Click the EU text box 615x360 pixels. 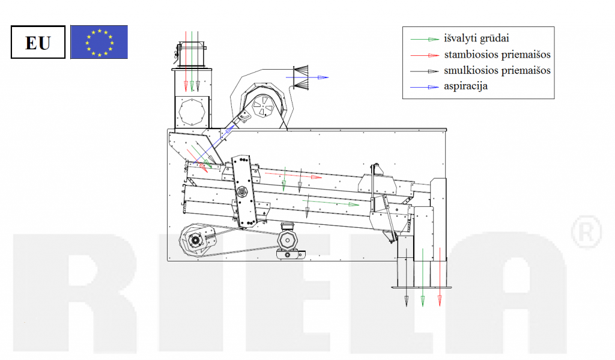pos(38,43)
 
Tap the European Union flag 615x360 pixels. pos(99,42)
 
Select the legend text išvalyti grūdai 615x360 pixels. pos(476,38)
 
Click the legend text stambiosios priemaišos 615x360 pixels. pos(497,55)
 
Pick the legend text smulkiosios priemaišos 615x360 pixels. pos(497,71)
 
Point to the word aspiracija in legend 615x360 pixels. pos(466,87)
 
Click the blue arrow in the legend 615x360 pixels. pos(425,87)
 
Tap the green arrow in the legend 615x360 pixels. pos(425,39)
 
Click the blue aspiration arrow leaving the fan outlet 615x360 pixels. pos(307,78)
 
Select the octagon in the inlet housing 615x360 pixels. pos(192,112)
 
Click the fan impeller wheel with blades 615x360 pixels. pos(263,106)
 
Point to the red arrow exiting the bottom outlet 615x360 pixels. pos(440,277)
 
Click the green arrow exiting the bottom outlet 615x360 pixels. pos(422,277)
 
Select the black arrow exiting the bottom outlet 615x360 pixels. pos(407,277)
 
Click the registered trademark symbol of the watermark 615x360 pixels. pos(586,231)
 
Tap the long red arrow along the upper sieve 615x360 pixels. pos(293,175)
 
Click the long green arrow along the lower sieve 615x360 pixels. pos(331,203)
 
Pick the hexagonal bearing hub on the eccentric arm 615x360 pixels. pos(242,192)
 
